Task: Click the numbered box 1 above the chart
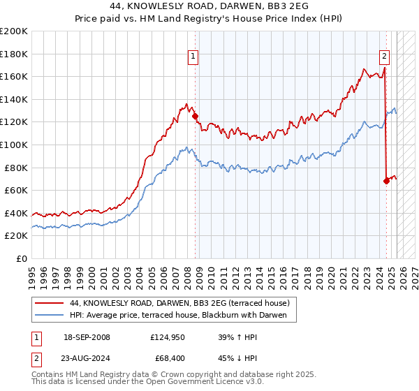[192, 58]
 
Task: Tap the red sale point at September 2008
[195, 117]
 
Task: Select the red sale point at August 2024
[386, 181]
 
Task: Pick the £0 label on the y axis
[22, 258]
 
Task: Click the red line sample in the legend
[48, 302]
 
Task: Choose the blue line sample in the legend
[48, 315]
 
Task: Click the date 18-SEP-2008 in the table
[87, 337]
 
